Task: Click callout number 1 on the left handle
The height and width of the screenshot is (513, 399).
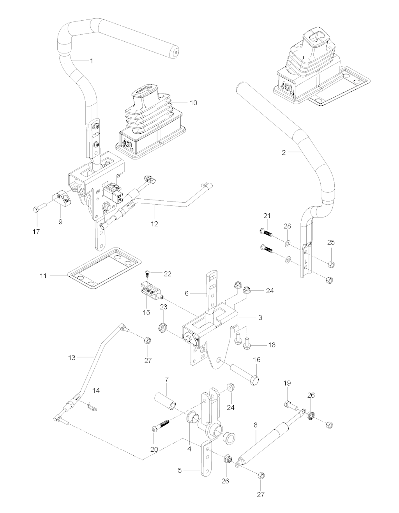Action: [91, 61]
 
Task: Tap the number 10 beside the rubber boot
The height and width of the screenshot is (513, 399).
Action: [193, 103]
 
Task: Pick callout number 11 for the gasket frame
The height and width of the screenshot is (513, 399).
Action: [43, 276]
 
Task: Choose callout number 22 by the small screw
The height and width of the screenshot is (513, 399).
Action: [168, 274]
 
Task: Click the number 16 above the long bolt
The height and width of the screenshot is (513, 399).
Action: [257, 359]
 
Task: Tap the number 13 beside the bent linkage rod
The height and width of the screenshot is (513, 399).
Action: [71, 357]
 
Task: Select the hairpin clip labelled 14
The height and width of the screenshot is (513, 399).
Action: [92, 407]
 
